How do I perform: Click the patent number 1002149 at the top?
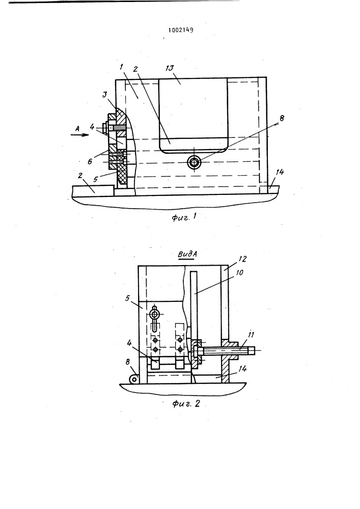180,30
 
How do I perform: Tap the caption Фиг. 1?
184,217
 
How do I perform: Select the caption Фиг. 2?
186,404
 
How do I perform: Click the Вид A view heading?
187,255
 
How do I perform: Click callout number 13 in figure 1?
178,68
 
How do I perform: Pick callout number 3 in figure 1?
104,95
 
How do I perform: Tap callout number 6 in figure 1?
90,161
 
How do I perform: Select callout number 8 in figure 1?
282,119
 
